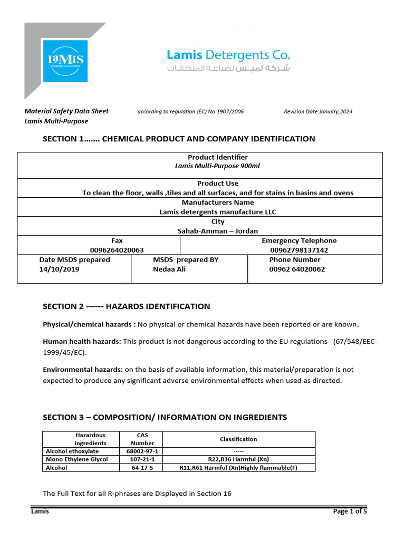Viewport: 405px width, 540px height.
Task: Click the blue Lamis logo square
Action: [65, 60]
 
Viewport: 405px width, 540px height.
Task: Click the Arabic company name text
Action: [228, 69]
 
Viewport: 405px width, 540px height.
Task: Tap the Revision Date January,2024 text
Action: [318, 112]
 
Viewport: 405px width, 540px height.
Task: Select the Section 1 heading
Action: [179, 139]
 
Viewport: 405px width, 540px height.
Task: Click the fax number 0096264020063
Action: [117, 250]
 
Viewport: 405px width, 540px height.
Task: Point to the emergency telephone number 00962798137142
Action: [299, 250]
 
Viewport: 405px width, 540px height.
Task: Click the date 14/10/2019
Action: [59, 269]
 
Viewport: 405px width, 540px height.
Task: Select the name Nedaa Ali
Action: [169, 269]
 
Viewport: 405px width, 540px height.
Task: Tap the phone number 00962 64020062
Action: [297, 269]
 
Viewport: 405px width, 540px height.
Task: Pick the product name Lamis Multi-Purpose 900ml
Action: [217, 166]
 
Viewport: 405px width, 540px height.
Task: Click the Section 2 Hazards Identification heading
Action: [126, 306]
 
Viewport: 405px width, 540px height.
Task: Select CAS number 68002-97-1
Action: [142, 451]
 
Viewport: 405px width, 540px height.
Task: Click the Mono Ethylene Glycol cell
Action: [77, 459]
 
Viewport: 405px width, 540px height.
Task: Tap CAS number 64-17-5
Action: [142, 467]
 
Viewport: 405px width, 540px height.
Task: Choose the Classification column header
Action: [238, 439]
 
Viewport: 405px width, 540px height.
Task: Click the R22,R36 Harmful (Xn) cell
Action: [238, 459]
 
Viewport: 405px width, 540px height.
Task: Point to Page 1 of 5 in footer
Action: [350, 511]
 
